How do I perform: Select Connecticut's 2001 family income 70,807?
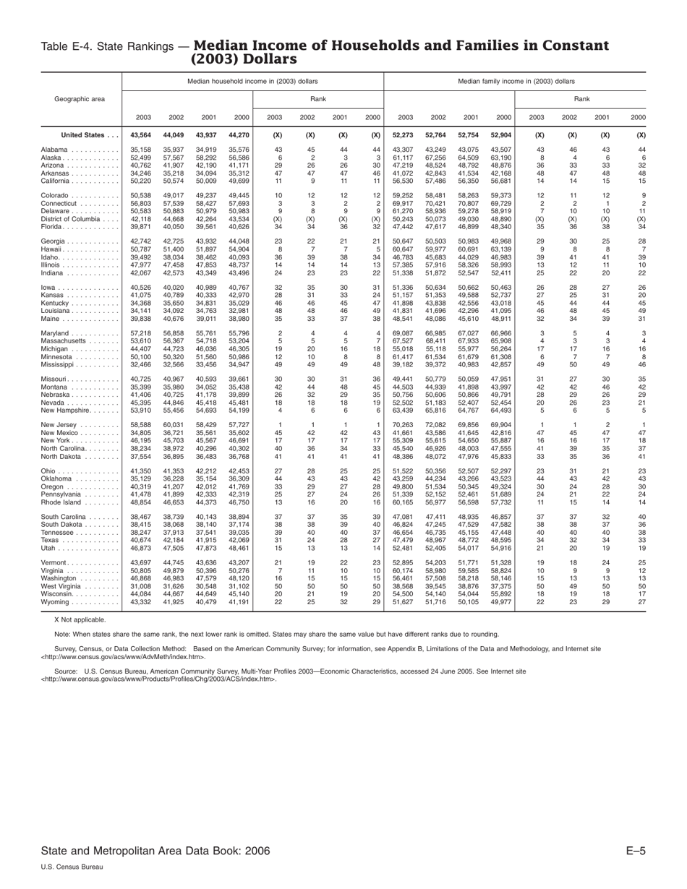click(x=469, y=205)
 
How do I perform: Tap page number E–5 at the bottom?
click(x=635, y=851)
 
